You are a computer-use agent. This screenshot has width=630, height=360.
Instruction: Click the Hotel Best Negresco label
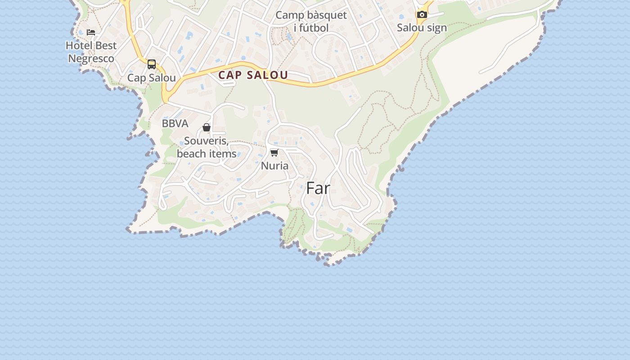(91, 52)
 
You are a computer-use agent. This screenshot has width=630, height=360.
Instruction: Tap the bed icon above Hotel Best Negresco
(91, 32)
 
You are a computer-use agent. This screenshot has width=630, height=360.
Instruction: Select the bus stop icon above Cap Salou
(152, 64)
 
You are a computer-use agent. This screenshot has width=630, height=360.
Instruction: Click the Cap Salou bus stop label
(152, 78)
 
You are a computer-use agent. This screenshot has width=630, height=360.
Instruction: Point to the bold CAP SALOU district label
(253, 75)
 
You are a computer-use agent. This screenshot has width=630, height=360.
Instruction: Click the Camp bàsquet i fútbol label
(311, 21)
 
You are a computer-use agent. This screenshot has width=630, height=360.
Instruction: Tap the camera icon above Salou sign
(422, 14)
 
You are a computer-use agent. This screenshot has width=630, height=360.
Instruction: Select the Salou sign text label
(422, 28)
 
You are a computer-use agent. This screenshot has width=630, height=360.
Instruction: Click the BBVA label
(175, 123)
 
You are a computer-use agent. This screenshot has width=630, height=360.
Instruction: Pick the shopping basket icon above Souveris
(207, 128)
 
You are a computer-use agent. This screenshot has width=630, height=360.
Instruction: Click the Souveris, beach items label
(207, 147)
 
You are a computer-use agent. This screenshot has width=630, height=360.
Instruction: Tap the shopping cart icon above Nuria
(274, 153)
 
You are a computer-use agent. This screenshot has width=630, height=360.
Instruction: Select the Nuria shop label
(274, 166)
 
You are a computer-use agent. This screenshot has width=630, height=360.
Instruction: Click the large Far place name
(318, 189)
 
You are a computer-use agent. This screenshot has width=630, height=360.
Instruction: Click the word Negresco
(91, 58)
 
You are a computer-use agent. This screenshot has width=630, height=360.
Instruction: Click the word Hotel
(78, 45)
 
